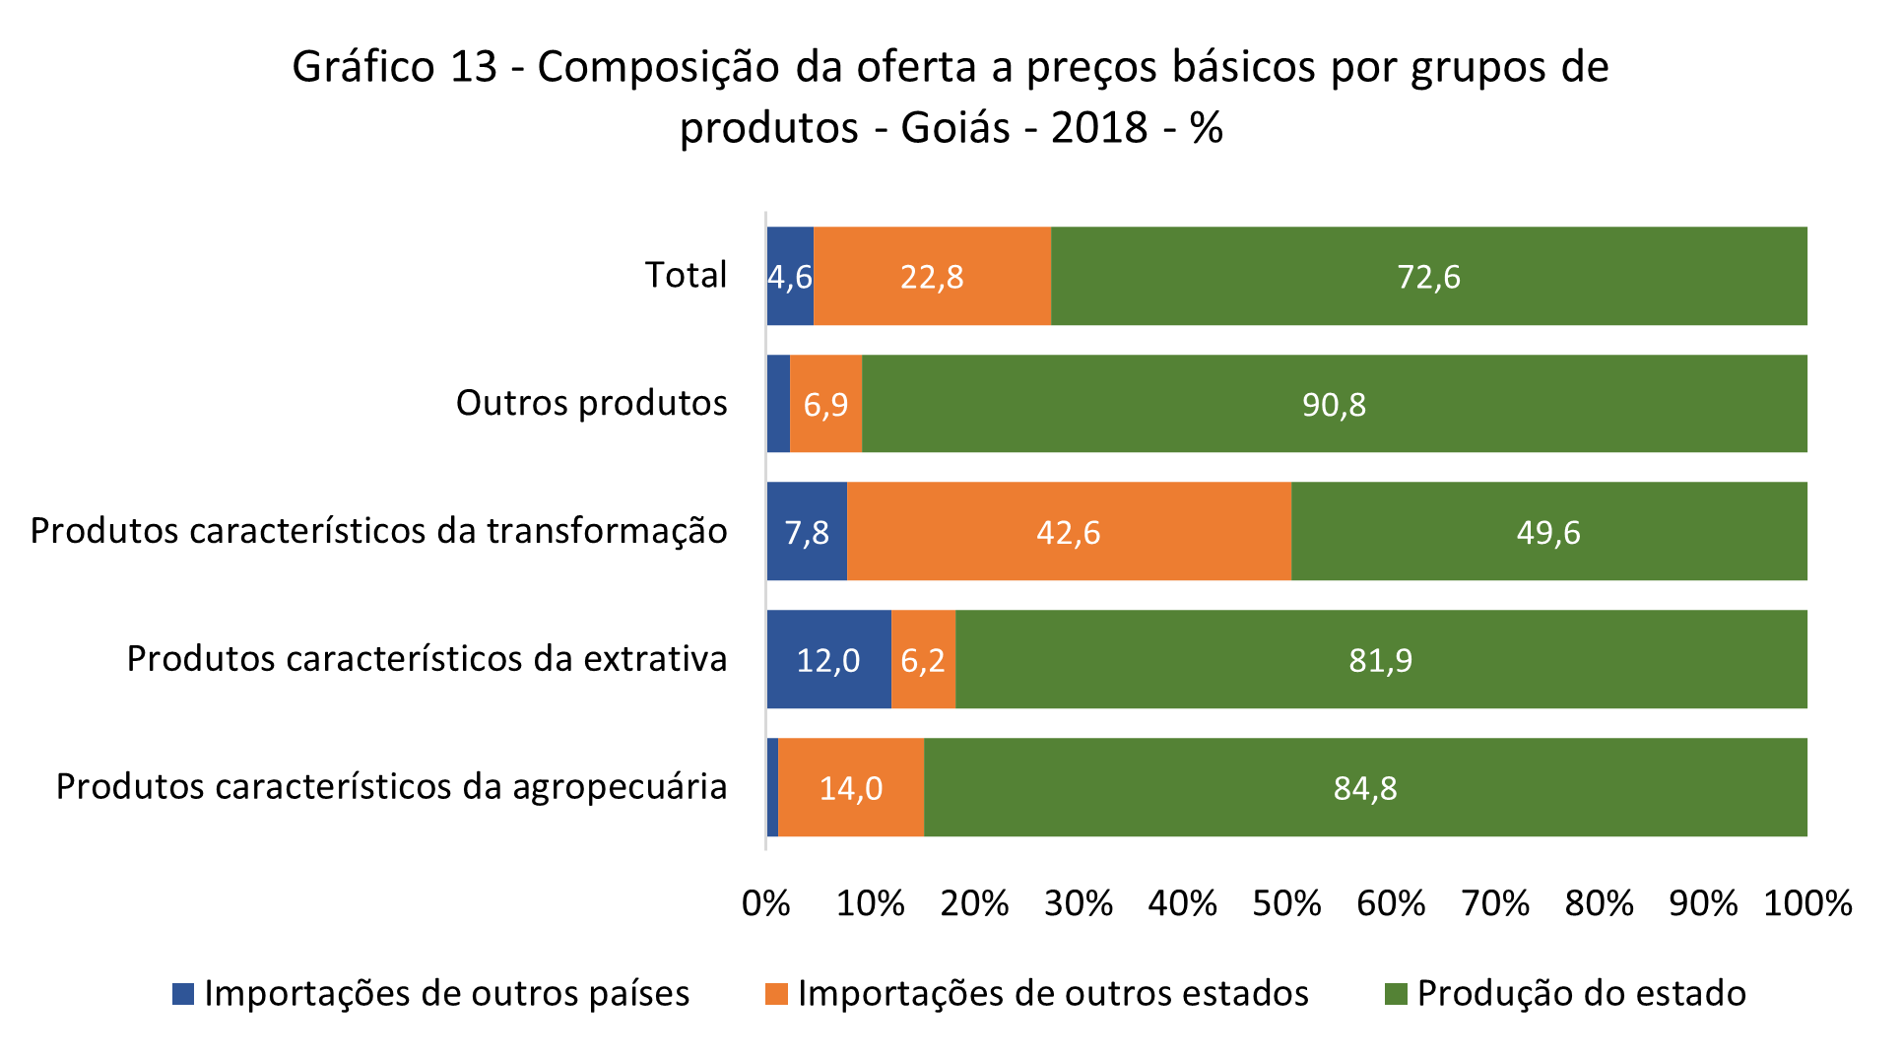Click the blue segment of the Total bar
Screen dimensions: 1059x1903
coord(790,276)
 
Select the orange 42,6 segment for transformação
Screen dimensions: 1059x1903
coord(1069,532)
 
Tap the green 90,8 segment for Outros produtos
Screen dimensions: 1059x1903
coord(1334,404)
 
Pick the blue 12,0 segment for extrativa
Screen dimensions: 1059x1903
coord(828,659)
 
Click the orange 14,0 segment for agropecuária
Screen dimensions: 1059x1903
coord(851,787)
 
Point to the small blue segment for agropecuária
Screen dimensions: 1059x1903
coord(772,787)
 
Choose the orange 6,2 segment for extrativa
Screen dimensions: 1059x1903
coord(923,659)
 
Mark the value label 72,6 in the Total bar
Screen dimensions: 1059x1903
coord(1428,277)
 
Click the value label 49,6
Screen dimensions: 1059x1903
coord(1547,533)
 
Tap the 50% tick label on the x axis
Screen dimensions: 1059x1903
coord(1286,903)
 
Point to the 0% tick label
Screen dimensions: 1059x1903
coord(766,903)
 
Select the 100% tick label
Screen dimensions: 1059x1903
coord(1806,903)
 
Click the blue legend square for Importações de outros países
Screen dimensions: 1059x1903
coord(183,994)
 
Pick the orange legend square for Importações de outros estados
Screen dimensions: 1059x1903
coord(776,994)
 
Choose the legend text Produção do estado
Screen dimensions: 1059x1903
coord(1581,993)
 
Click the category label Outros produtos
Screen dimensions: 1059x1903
coord(591,403)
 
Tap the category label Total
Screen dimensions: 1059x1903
coord(686,275)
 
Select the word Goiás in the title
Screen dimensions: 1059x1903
coord(954,128)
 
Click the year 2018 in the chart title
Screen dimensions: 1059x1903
coord(1099,128)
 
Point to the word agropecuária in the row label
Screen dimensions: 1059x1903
coord(620,787)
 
